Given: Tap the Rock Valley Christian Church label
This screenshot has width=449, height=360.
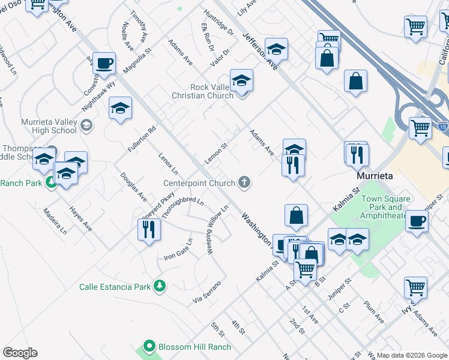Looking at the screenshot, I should click(x=202, y=91).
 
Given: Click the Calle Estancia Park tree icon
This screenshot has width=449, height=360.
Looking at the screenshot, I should click(x=159, y=286).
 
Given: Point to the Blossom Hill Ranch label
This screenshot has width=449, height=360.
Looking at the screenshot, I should click(x=194, y=347).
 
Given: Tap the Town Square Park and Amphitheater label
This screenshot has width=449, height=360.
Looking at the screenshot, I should click(x=387, y=208).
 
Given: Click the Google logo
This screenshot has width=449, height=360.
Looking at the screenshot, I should click(x=20, y=353).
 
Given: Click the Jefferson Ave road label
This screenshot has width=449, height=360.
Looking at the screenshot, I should click(x=260, y=52).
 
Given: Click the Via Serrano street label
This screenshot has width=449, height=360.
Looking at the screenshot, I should click(x=207, y=291).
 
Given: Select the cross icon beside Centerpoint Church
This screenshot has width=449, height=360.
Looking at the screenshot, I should click(x=244, y=182).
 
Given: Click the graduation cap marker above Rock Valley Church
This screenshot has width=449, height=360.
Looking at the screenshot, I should click(x=241, y=79).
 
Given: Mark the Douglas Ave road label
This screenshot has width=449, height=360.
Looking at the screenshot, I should click(x=133, y=187).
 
